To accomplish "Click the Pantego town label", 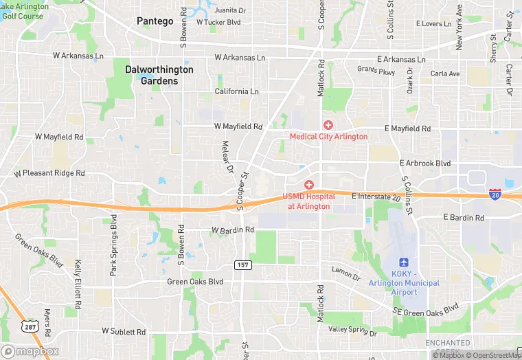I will tap(155, 21).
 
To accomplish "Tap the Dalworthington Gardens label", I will tap(159, 75).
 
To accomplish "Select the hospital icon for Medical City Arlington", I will tap(328, 125).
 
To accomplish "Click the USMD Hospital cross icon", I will tap(309, 185).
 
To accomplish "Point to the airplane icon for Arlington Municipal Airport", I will tap(405, 263).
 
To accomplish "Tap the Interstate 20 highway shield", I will tap(495, 194).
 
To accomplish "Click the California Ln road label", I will tap(236, 91).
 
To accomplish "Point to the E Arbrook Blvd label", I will tap(425, 164).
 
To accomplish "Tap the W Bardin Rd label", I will tap(233, 229).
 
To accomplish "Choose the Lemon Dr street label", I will tap(345, 273).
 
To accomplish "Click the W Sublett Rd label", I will tap(124, 331).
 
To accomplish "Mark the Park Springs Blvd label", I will tap(114, 245).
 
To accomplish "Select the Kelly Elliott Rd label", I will tap(78, 282).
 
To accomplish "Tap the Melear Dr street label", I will tap(227, 157).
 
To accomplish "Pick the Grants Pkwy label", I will tap(376, 70).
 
